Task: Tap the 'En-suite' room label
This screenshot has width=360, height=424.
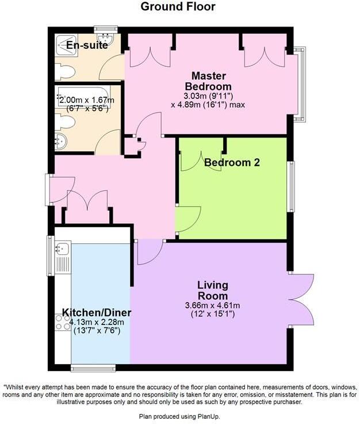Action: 87,45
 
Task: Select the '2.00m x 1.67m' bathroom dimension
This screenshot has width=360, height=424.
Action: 87,101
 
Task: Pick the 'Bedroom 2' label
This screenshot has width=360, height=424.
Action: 232,163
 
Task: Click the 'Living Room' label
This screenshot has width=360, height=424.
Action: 213,290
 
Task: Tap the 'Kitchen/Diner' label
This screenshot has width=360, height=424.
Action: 97,313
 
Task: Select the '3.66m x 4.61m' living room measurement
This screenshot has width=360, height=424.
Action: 213,305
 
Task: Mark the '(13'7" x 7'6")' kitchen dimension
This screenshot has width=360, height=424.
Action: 97,331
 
